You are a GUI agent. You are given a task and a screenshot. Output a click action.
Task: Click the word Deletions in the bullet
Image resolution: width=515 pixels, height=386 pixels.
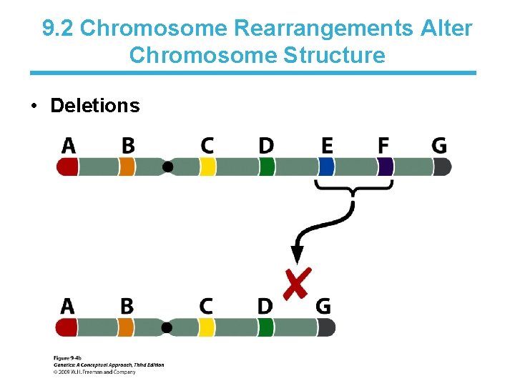tap(94, 106)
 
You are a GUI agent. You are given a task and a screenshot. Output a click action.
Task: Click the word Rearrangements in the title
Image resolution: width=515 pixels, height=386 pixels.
tap(323, 28)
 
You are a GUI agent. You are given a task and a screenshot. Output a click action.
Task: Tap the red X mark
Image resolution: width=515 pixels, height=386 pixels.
tap(296, 284)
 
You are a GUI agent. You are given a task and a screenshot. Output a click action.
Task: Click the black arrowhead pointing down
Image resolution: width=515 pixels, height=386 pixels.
tap(297, 254)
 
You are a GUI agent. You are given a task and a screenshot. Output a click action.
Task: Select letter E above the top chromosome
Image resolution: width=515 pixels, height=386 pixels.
tap(327, 146)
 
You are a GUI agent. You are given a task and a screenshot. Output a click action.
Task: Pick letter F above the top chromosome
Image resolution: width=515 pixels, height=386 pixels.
tap(384, 146)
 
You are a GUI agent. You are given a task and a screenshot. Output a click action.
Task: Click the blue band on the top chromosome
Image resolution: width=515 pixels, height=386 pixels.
tap(327, 167)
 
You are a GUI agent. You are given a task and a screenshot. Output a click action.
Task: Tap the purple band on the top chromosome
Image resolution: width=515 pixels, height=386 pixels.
tap(386, 167)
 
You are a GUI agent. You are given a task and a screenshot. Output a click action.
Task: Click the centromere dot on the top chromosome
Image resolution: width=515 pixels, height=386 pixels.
tap(168, 167)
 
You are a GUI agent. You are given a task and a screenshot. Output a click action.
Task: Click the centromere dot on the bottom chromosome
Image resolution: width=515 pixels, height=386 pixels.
tap(167, 328)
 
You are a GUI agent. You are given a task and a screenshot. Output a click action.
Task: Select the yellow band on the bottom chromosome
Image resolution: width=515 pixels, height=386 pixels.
tap(207, 328)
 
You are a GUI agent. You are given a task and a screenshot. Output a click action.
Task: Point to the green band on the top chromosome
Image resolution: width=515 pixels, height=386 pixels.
tap(266, 167)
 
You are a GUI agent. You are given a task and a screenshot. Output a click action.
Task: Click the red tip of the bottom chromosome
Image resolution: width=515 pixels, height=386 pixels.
tap(67, 328)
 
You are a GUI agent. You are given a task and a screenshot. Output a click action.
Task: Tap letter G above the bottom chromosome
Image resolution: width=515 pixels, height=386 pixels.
tap(323, 306)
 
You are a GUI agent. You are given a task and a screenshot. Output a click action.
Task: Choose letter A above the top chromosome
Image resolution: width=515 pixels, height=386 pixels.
tap(69, 146)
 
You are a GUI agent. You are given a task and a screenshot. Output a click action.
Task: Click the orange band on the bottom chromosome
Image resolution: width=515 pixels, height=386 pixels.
tap(126, 328)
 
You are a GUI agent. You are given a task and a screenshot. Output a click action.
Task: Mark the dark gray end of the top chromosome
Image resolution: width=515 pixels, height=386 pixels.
tap(442, 167)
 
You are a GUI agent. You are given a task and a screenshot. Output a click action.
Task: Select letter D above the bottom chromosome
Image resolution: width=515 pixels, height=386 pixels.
tap(265, 306)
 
